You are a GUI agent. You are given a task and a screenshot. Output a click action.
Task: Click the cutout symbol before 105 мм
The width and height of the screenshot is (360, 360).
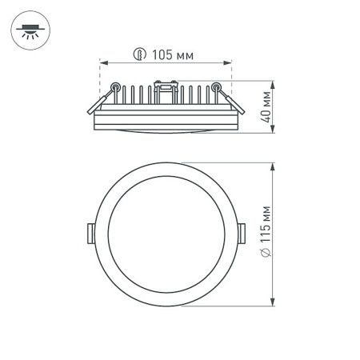click(139, 55)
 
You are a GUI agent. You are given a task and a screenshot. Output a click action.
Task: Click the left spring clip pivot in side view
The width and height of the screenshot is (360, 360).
click(117, 86)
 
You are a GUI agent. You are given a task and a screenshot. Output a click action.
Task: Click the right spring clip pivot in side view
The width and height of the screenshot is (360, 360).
click(215, 86)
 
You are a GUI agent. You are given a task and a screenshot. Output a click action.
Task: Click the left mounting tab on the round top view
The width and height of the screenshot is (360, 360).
click(90, 232)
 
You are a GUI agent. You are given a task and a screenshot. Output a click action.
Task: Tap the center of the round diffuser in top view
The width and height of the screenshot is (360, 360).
click(166, 234)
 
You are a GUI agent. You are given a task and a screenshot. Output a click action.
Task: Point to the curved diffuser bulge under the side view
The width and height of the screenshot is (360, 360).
click(166, 130)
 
